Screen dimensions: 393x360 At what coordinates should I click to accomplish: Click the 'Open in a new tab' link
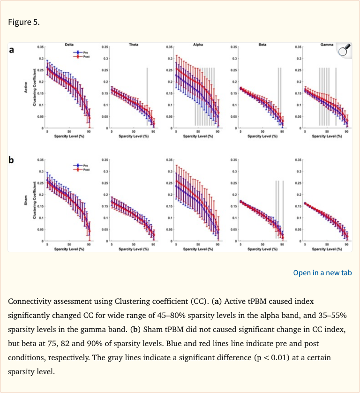(322, 273)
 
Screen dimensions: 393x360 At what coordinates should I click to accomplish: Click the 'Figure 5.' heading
(24, 22)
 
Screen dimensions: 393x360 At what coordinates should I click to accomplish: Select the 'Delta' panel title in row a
(69, 44)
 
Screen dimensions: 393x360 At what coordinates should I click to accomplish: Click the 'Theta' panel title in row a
(133, 44)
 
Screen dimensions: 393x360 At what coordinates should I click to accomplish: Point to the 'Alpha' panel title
(198, 44)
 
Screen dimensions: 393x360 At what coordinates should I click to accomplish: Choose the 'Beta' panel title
(262, 44)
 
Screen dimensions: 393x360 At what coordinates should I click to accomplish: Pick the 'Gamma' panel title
(327, 44)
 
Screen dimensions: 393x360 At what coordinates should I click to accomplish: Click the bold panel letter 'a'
(13, 50)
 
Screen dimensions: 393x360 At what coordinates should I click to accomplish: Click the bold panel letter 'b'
(13, 161)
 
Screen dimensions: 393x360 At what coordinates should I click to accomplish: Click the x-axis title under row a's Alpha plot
(198, 136)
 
